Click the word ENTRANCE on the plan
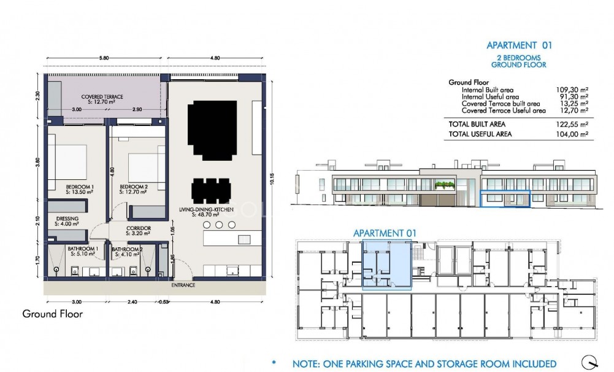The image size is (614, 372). [183, 285]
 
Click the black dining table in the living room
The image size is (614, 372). [212, 190]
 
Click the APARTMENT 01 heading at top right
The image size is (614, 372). [519, 45]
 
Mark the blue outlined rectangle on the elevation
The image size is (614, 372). [504, 200]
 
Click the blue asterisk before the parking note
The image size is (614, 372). [274, 363]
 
